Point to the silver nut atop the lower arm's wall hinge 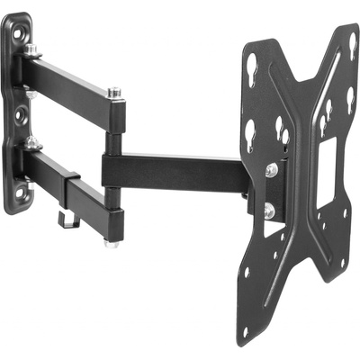point(33,142)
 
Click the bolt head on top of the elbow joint point(114,92)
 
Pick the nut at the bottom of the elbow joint point(112,241)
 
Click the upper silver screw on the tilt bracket point(271,169)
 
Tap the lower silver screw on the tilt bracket point(270,211)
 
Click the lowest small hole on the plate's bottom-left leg point(245,331)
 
